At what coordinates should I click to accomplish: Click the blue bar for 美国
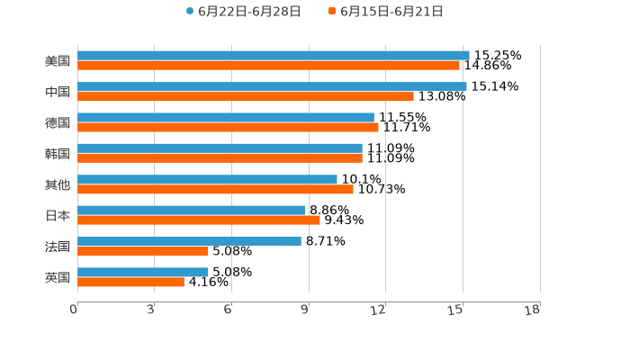[x=274, y=55]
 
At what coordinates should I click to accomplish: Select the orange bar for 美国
[x=268, y=66]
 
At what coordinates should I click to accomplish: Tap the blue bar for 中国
[x=272, y=86]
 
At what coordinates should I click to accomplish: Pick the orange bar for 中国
[x=246, y=96]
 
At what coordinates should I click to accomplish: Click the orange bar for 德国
[x=228, y=127]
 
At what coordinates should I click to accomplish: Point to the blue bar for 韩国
[x=220, y=148]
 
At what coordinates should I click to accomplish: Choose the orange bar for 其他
[x=215, y=189]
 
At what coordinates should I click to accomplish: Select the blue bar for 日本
[x=192, y=210]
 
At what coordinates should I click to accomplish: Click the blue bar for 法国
[x=189, y=241]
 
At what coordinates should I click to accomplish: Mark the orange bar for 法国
[x=143, y=251]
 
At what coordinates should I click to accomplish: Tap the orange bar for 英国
[x=130, y=282]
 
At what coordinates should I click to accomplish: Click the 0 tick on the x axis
[x=74, y=310]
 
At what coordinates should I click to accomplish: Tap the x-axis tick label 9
[x=305, y=310]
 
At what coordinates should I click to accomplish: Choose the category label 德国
[x=58, y=123]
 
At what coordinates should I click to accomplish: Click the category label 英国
[x=58, y=278]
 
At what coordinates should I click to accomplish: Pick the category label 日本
[x=58, y=216]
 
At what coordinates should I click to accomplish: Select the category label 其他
[x=58, y=185]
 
